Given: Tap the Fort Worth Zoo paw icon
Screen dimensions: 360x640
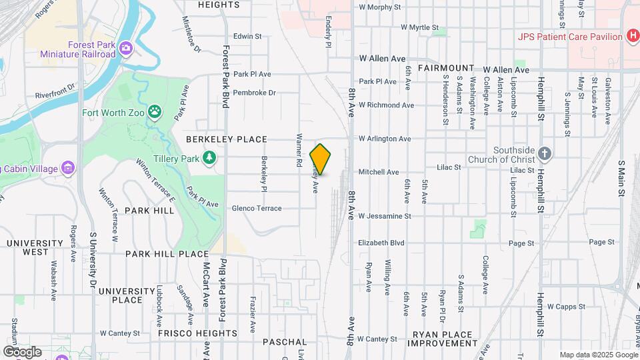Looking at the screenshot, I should pyautogui.click(x=155, y=112).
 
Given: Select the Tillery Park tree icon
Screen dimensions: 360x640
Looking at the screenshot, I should pyautogui.click(x=210, y=158).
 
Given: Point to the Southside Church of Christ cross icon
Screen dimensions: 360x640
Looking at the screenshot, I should pyautogui.click(x=545, y=154).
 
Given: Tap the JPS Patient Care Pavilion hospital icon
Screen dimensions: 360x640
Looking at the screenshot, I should pyautogui.click(x=631, y=36).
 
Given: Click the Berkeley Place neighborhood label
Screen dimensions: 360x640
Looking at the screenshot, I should pyautogui.click(x=227, y=139).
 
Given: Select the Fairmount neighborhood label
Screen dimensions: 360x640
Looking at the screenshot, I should pyautogui.click(x=446, y=69).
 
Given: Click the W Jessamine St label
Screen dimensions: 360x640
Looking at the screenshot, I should pyautogui.click(x=385, y=216).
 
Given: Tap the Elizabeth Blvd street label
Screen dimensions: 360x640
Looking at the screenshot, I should pyautogui.click(x=381, y=243).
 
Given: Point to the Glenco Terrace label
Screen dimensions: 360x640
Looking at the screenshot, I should pyautogui.click(x=257, y=208).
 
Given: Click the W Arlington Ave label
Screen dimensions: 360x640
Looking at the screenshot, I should pyautogui.click(x=385, y=139).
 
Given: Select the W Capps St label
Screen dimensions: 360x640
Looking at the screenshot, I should pyautogui.click(x=566, y=307).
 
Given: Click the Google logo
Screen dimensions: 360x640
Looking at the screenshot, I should pyautogui.click(x=22, y=351).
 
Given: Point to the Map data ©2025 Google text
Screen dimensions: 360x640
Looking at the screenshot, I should pyautogui.click(x=597, y=355).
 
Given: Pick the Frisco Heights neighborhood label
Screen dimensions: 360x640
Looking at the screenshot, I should pyautogui.click(x=189, y=333).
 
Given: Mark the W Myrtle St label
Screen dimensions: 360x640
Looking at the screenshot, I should pyautogui.click(x=422, y=27).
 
